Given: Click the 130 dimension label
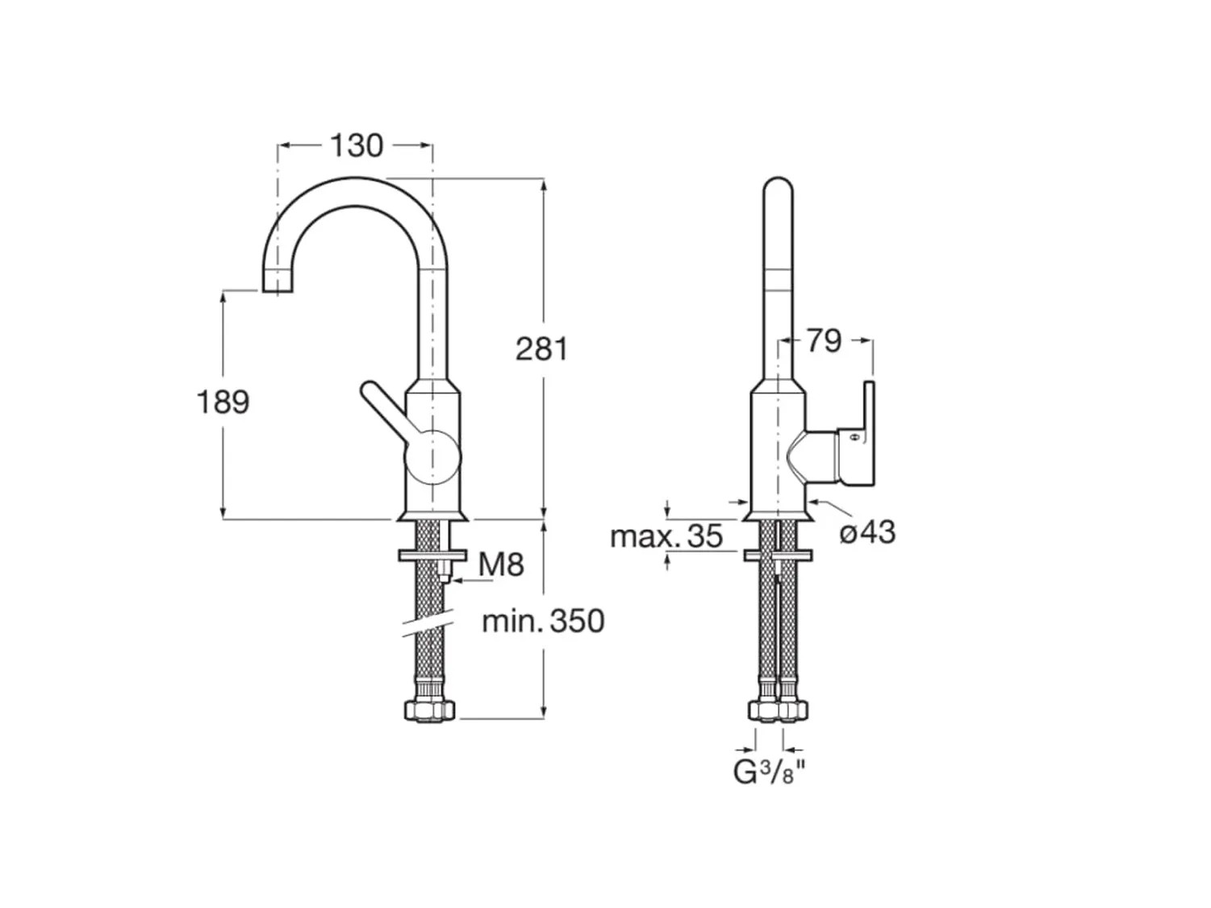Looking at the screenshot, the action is (356, 146).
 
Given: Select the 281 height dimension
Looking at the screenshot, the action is (541, 349).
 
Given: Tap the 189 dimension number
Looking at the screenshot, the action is (223, 402).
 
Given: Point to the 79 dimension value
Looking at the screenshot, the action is (825, 341).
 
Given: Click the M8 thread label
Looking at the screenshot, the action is (501, 564).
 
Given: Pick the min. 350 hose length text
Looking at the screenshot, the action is (544, 621).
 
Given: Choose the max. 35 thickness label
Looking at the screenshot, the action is (666, 536).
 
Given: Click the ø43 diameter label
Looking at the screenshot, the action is (867, 532).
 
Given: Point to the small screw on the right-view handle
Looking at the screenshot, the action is (854, 439).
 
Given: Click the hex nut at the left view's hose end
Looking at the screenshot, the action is (431, 710).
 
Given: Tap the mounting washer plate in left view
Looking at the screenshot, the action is (432, 555).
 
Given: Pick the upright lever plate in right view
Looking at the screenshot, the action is (869, 433).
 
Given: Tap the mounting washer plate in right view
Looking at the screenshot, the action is (778, 555).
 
